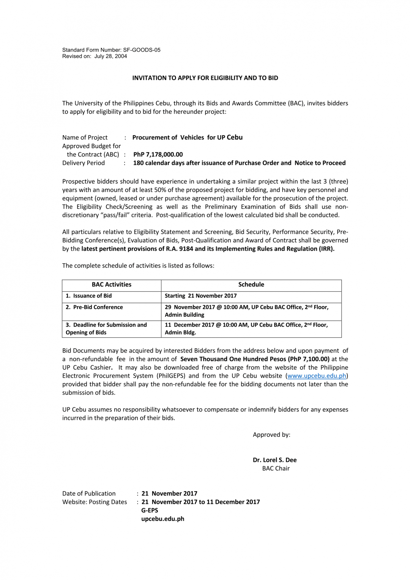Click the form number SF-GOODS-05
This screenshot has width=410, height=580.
pyautogui.click(x=142, y=50)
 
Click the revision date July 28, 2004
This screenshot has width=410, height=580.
pyautogui.click(x=110, y=56)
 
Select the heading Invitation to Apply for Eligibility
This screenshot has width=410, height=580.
pyautogui.click(x=205, y=78)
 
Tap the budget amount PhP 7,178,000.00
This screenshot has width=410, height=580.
pyautogui.click(x=158, y=155)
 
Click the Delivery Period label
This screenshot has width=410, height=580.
pyautogui.click(x=84, y=163)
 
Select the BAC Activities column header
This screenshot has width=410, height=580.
pyautogui.click(x=111, y=284)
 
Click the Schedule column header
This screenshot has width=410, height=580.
pyautogui.click(x=251, y=284)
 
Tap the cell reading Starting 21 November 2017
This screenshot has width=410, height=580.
pyautogui.click(x=201, y=296)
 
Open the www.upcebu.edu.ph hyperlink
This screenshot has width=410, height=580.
pyautogui.click(x=317, y=376)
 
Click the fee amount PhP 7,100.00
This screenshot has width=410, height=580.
pyautogui.click(x=309, y=359)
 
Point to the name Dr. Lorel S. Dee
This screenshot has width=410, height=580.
pyautogui.click(x=274, y=460)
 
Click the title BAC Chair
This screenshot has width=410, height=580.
pyautogui.click(x=276, y=469)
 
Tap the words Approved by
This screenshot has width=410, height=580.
pyautogui.click(x=271, y=435)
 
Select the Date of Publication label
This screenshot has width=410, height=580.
pyautogui.click(x=89, y=494)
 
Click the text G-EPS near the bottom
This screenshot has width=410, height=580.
pyautogui.click(x=150, y=510)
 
